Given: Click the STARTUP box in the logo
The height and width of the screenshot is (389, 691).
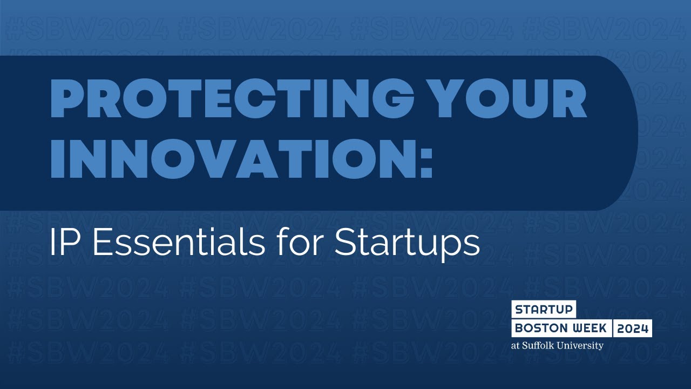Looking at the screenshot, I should pyautogui.click(x=544, y=310).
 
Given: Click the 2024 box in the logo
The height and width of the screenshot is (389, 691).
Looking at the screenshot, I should pyautogui.click(x=633, y=328).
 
